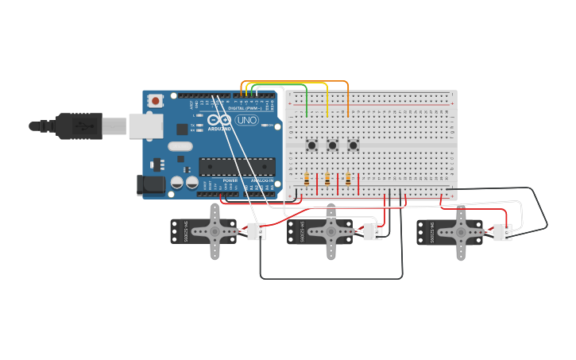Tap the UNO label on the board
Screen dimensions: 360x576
[246, 120]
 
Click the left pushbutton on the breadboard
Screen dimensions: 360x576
[312, 145]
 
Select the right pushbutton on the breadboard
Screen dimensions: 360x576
[353, 145]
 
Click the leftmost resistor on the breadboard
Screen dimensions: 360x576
[307, 179]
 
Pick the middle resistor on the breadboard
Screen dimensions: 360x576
[327, 179]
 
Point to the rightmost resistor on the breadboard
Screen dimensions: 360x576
[348, 179]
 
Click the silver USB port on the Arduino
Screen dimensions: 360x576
[146, 126]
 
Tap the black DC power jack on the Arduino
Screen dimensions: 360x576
[151, 185]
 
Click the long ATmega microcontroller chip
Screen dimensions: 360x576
[237, 165]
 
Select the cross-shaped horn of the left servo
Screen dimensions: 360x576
[215, 231]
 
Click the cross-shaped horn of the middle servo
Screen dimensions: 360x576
[331, 231]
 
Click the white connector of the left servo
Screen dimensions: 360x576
[256, 231]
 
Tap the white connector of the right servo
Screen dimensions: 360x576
[502, 232]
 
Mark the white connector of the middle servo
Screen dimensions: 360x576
[372, 231]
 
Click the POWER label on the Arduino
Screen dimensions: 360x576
[230, 180]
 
